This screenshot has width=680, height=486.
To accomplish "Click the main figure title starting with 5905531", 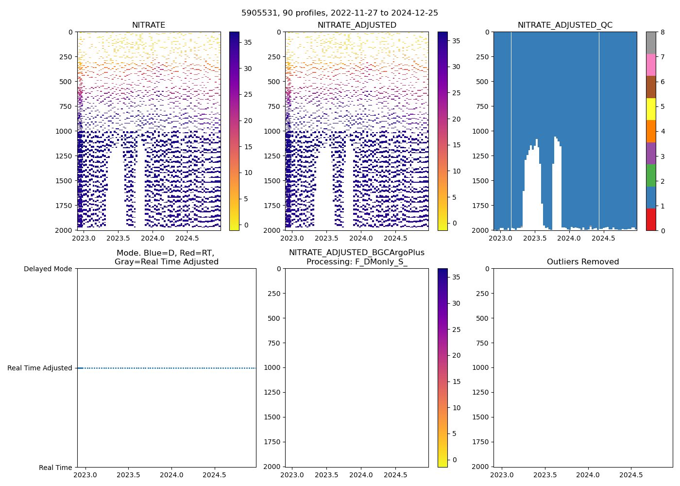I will [340, 13].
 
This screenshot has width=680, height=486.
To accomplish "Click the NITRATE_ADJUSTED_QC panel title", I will [565, 25].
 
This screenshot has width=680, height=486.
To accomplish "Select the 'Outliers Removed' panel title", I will [583, 262].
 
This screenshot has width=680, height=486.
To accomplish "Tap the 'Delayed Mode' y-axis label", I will [48, 269].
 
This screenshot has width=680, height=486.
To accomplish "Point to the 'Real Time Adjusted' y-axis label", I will [40, 368].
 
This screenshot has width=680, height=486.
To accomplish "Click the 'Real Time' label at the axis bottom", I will [55, 468].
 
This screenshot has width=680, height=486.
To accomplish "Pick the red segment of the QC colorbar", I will [651, 219].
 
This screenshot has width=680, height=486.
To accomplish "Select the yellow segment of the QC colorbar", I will [651, 109].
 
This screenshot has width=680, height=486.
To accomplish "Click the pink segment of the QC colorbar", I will [651, 65].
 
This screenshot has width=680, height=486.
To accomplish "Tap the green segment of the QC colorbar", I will [651, 175].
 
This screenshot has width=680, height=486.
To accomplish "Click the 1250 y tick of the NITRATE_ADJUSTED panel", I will [272, 156].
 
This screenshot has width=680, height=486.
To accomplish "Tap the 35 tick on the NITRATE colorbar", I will [248, 42].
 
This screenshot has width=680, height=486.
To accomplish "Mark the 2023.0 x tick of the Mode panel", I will [86, 475].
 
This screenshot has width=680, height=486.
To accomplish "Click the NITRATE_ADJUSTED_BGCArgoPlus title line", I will [357, 253].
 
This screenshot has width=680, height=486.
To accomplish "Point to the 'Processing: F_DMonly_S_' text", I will [357, 262].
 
